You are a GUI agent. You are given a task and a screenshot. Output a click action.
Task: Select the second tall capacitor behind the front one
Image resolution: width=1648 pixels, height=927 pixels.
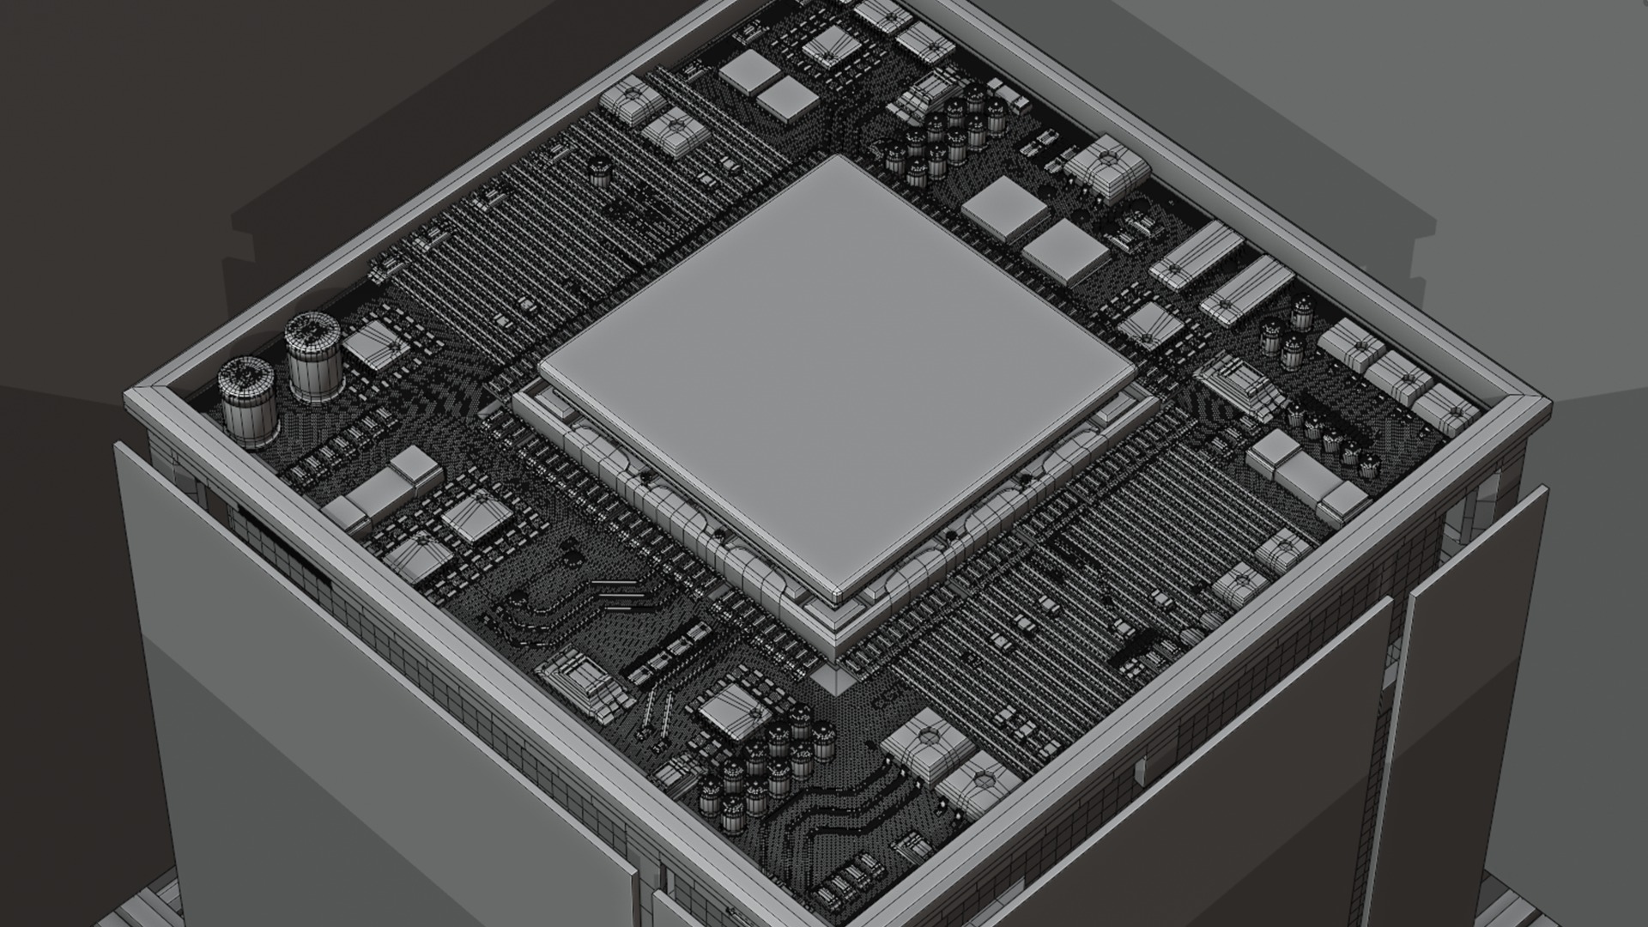[x=311, y=355]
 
